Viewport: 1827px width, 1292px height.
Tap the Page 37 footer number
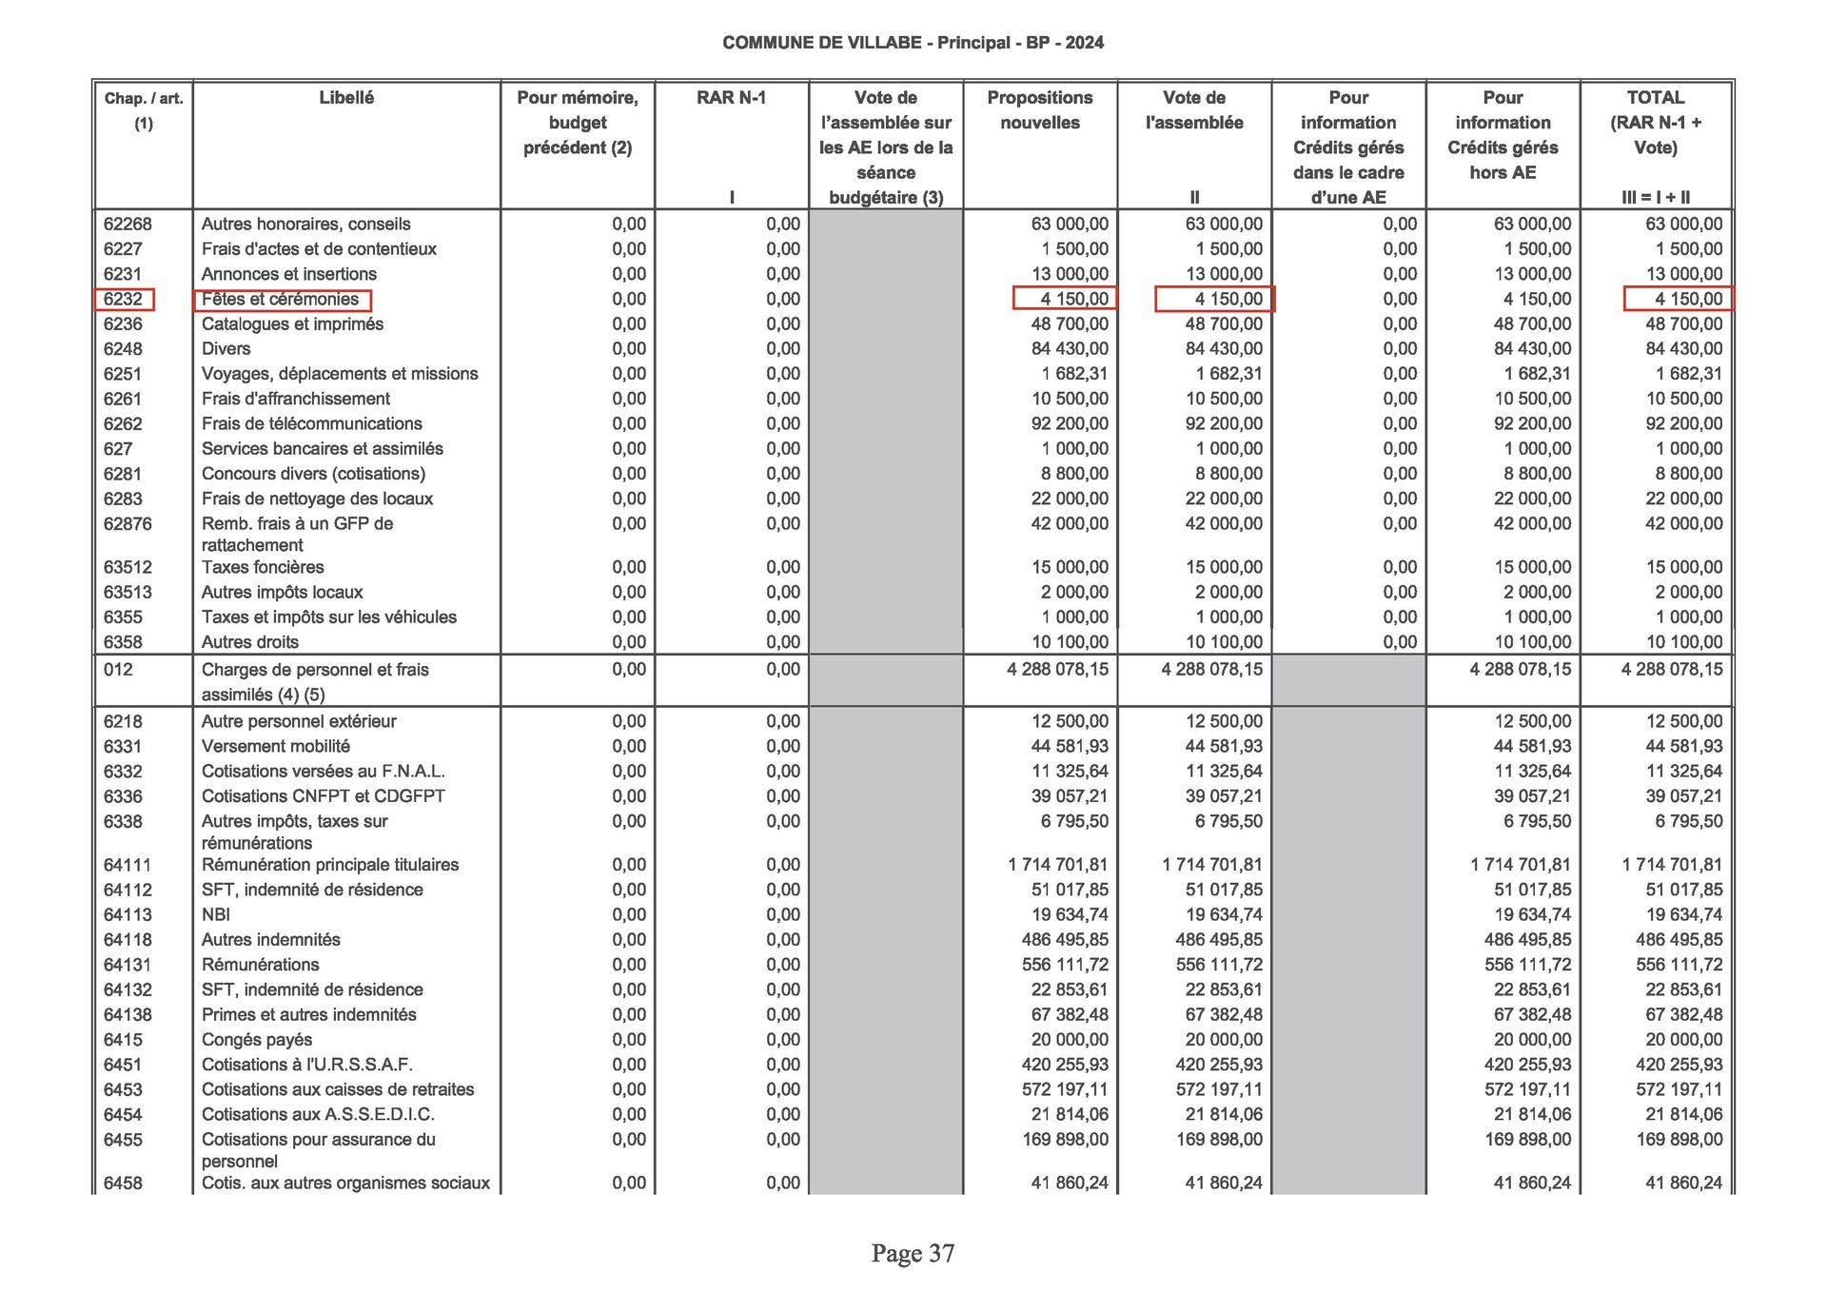pos(913,1254)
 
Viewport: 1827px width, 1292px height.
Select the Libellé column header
pos(346,98)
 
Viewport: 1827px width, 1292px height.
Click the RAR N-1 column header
pos(731,98)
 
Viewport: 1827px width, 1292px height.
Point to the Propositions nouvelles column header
pos(1039,110)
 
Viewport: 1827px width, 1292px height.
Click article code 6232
pos(124,300)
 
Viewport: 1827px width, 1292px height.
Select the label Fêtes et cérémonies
pos(281,300)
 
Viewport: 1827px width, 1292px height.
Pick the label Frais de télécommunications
pos(311,424)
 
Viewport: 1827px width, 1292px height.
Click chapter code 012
pos(118,670)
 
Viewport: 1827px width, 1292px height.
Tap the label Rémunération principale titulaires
pos(329,865)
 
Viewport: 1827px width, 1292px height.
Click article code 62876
pos(128,524)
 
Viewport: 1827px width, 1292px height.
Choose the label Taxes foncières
pos(263,568)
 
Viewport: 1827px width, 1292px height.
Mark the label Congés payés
pos(257,1040)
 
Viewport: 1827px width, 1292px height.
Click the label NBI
pos(216,915)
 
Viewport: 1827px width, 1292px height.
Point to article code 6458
pos(124,1184)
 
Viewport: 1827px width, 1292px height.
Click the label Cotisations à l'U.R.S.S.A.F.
pos(306,1065)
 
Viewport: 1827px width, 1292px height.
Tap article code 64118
pos(128,940)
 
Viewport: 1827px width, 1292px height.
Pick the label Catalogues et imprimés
pos(292,324)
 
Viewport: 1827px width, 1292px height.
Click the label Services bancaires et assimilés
pos(322,449)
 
